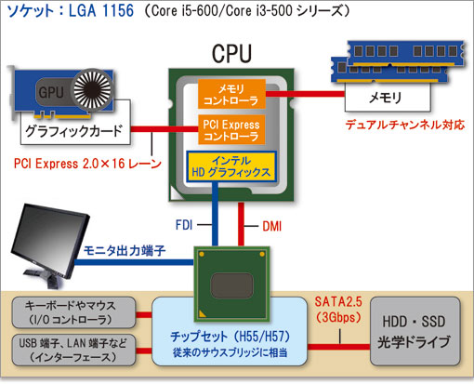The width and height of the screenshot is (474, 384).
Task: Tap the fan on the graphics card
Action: tap(90, 89)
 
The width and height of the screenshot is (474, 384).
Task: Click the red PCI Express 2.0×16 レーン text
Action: tap(86, 164)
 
